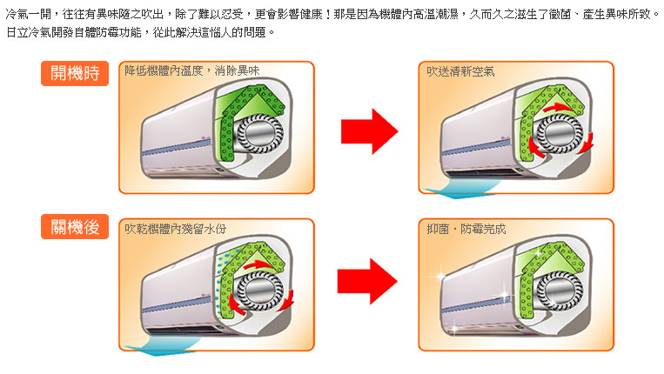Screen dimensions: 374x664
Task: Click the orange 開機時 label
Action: point(74,74)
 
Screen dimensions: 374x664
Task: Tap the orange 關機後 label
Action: point(74,230)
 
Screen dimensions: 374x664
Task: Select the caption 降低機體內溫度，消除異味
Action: point(192,70)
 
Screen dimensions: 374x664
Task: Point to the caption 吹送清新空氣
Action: point(458,70)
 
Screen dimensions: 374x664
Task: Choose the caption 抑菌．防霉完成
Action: point(466,228)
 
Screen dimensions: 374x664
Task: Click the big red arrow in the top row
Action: point(368,130)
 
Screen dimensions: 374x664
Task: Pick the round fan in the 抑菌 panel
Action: point(559,288)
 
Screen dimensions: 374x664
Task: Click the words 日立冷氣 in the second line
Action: point(26,31)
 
